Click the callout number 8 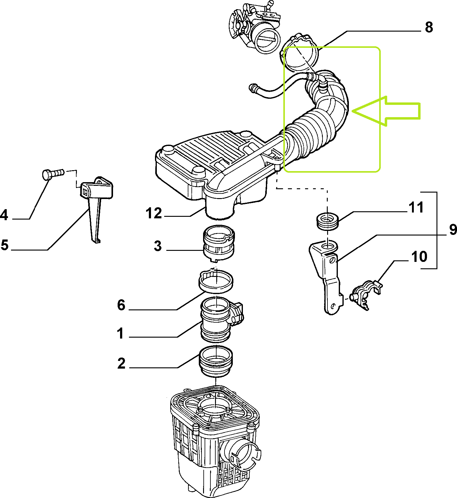[x=429, y=27]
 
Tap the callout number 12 [x=154, y=213]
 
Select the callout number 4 [x=4, y=215]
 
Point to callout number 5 [x=4, y=245]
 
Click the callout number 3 [x=158, y=246]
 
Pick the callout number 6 [x=121, y=305]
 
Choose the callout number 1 [x=121, y=333]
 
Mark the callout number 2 [x=121, y=363]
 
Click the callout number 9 [x=453, y=230]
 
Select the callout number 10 [x=419, y=257]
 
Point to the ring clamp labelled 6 [x=216, y=281]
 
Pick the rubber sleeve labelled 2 [x=216, y=362]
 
